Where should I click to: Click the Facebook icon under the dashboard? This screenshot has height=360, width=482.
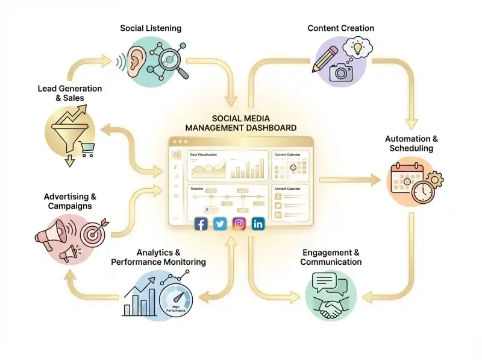point(201,224)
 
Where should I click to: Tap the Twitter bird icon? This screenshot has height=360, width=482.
point(221,224)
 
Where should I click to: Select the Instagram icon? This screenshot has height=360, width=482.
point(239,224)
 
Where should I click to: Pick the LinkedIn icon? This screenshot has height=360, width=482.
point(258,224)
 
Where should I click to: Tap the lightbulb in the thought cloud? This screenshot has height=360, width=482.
point(358,46)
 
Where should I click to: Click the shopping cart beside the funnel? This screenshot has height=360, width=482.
point(87,148)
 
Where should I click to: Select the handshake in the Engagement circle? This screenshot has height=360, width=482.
point(330,309)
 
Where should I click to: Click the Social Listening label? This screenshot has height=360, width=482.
point(151,28)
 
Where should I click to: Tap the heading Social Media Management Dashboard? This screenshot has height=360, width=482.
point(240,123)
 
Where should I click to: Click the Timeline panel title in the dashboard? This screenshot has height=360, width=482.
point(197,189)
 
